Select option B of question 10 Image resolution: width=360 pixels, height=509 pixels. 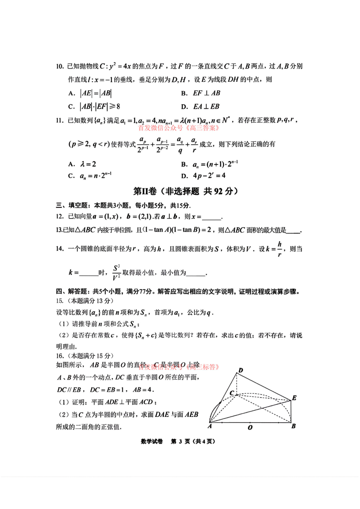(x=201, y=93)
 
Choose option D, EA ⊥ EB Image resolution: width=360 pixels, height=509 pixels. (x=201, y=107)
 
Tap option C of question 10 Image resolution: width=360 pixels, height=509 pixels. (x=94, y=107)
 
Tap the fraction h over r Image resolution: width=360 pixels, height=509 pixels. (x=279, y=249)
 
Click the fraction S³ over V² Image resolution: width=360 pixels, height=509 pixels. (x=116, y=272)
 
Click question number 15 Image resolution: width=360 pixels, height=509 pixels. (x=60, y=301)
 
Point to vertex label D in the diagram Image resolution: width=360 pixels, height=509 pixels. (x=241, y=370)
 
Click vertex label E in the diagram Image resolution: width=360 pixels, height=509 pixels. (x=294, y=398)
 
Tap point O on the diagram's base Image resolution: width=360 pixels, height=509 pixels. (x=250, y=427)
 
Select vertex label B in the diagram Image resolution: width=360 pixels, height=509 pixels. (x=294, y=426)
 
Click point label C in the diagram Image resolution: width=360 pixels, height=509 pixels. (x=232, y=393)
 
